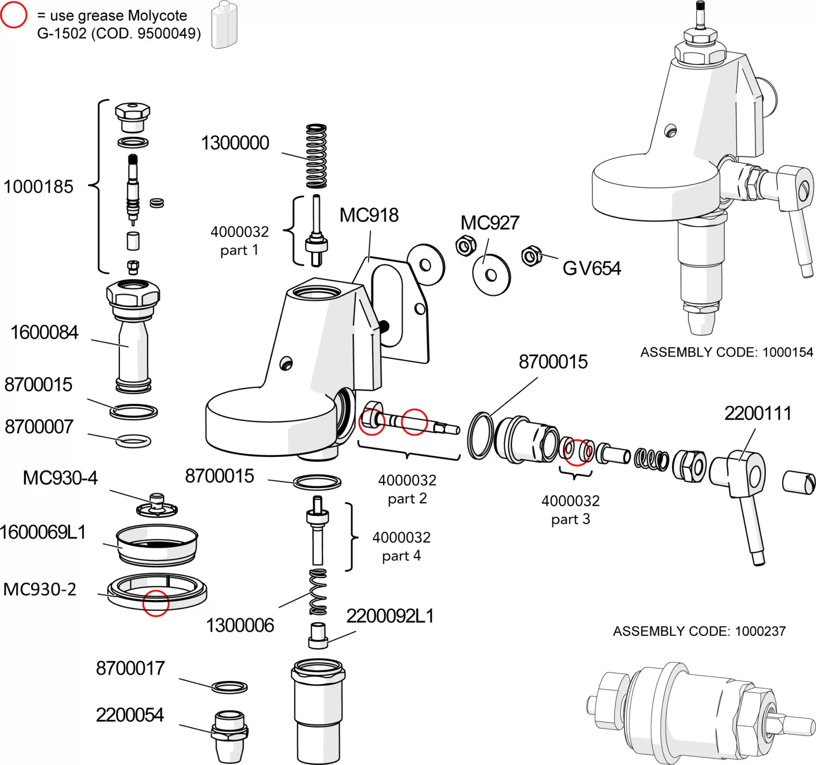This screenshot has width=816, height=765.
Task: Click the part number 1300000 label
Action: [235, 143]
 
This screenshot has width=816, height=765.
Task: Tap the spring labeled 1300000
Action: [316, 156]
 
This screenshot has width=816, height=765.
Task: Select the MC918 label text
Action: [369, 215]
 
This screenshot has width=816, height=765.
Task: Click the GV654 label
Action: [591, 268]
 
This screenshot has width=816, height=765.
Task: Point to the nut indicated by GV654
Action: [531, 256]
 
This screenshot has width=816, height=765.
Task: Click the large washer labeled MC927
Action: [491, 274]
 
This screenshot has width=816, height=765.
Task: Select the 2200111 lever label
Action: [758, 413]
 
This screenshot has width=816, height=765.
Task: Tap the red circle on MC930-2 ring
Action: [156, 603]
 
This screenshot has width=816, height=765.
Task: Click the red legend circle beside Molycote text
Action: [13, 15]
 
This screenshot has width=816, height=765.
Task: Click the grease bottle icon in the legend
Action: [224, 25]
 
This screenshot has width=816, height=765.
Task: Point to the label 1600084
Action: [44, 332]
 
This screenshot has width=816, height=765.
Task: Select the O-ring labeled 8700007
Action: [133, 440]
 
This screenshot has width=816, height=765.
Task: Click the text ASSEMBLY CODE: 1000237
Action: [699, 631]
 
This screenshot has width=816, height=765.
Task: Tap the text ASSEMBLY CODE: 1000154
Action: [726, 352]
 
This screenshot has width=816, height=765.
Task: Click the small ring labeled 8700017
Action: [229, 687]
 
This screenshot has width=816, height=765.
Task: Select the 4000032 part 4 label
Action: [401, 546]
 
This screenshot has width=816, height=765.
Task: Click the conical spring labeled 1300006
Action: [318, 592]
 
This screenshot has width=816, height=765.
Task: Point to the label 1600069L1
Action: [43, 532]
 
